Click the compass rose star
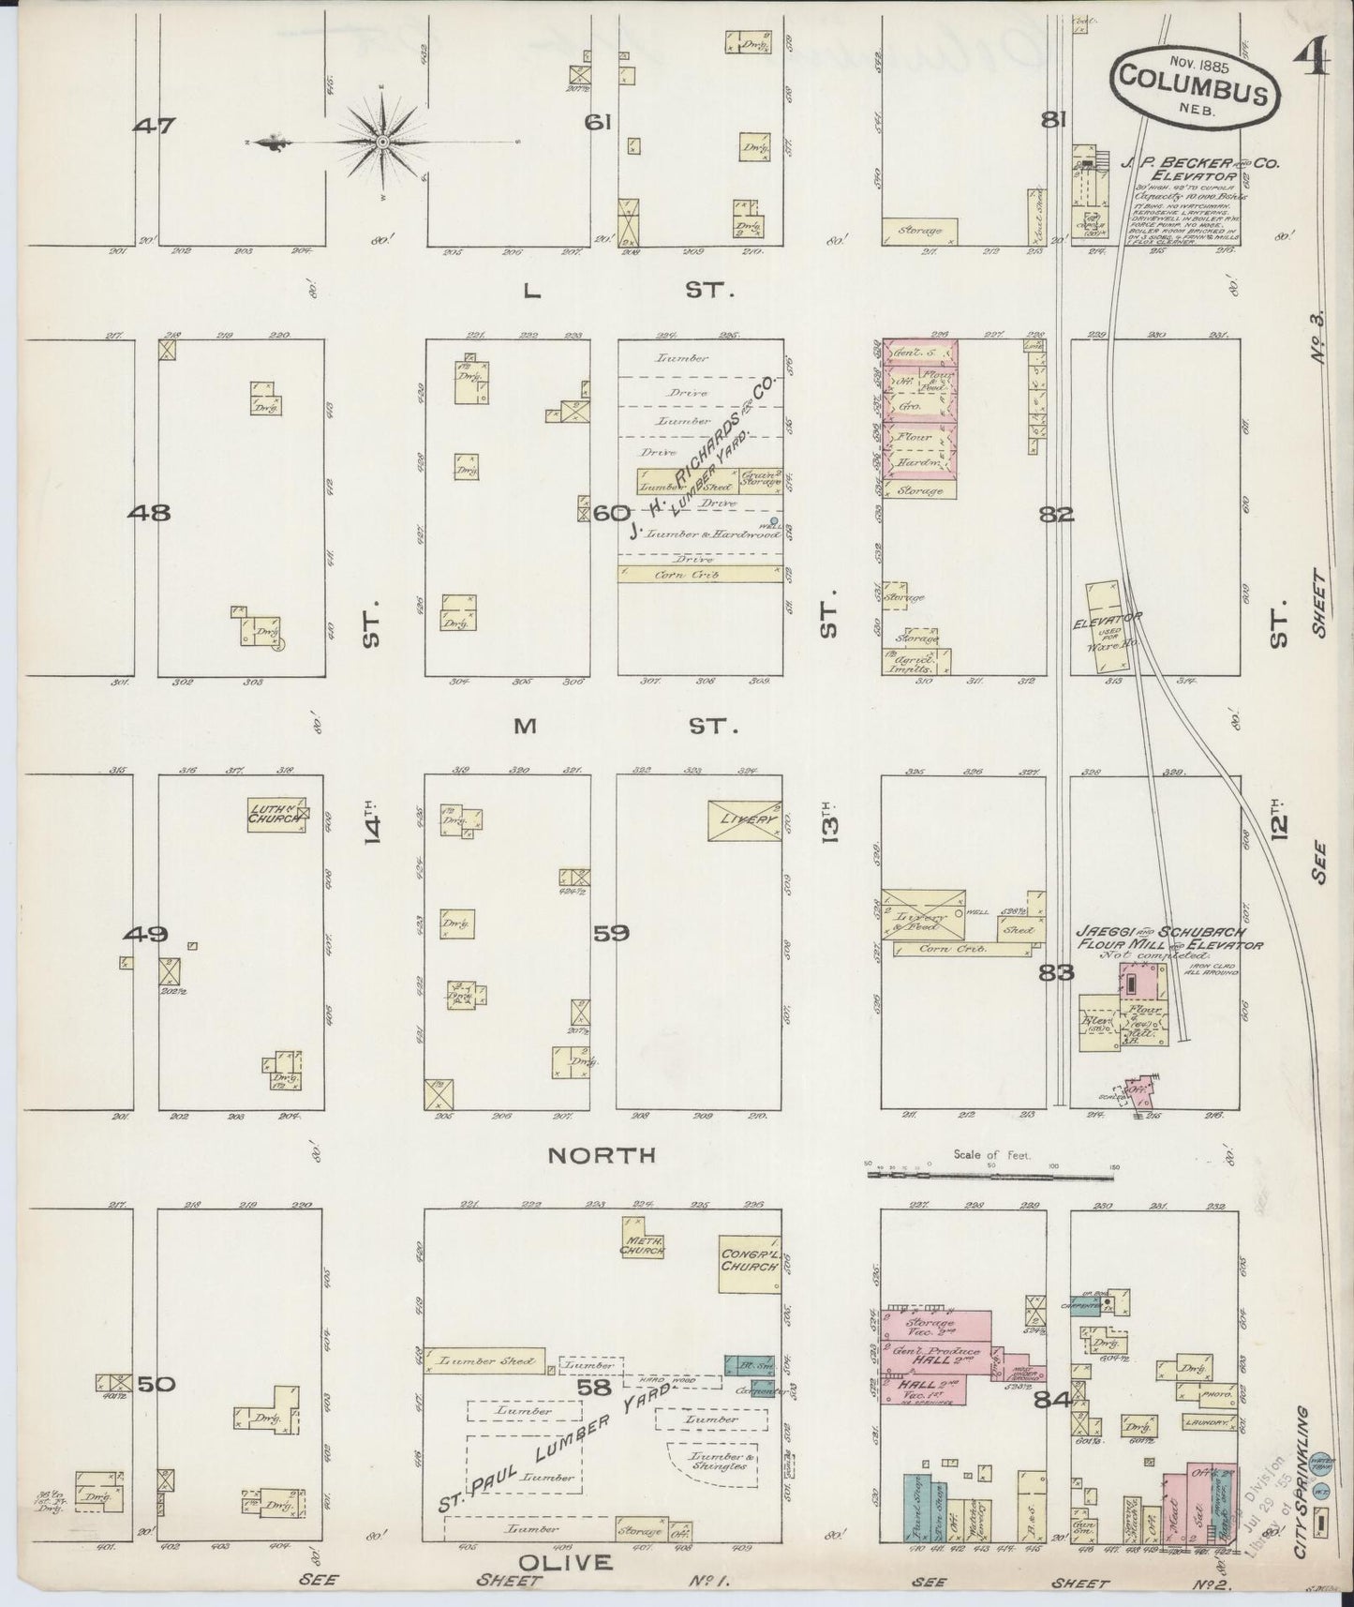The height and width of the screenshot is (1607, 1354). pos(382,142)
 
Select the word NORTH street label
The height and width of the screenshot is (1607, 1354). pos(602,1155)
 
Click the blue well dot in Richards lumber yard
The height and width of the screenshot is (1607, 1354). pos(773,521)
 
